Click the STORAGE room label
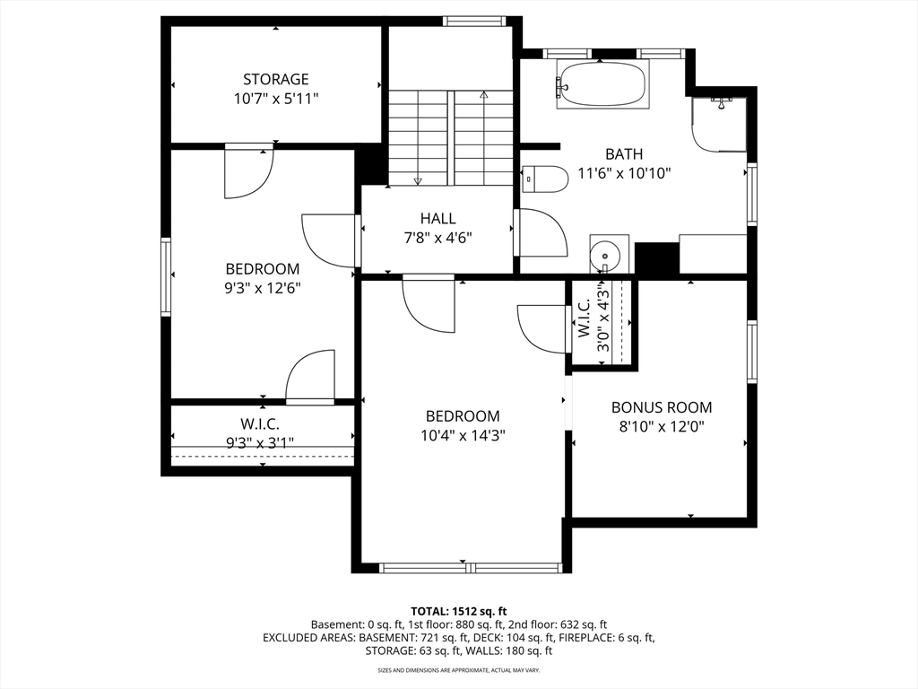point(276,79)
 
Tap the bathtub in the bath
point(602,84)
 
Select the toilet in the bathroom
point(545,179)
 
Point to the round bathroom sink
point(605,255)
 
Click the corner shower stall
point(719,124)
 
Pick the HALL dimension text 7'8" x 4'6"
point(437,238)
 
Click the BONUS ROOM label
point(662,407)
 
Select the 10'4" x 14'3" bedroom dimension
point(463,435)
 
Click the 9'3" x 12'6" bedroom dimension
point(263,288)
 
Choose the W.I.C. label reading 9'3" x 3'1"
point(260,433)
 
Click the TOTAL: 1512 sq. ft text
point(458,612)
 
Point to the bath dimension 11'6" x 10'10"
point(624,173)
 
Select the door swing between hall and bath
point(541,232)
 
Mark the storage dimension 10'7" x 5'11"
point(276,99)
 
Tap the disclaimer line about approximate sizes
point(458,669)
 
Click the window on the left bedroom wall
point(166,277)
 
